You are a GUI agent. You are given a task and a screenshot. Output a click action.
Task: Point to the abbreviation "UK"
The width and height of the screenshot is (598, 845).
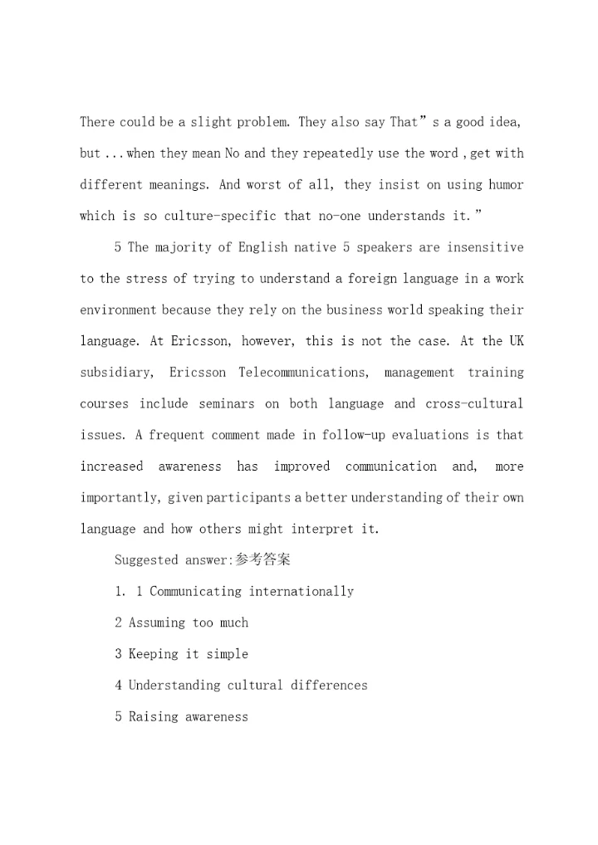(517, 341)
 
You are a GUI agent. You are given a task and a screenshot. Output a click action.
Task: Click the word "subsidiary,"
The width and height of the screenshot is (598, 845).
(116, 373)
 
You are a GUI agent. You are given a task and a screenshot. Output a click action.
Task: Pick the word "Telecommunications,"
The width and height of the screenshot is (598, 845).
(304, 373)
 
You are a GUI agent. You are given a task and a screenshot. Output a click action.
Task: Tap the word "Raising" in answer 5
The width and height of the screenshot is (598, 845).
(153, 716)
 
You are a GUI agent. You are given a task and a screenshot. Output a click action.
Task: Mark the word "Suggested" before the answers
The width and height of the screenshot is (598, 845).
(146, 560)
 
